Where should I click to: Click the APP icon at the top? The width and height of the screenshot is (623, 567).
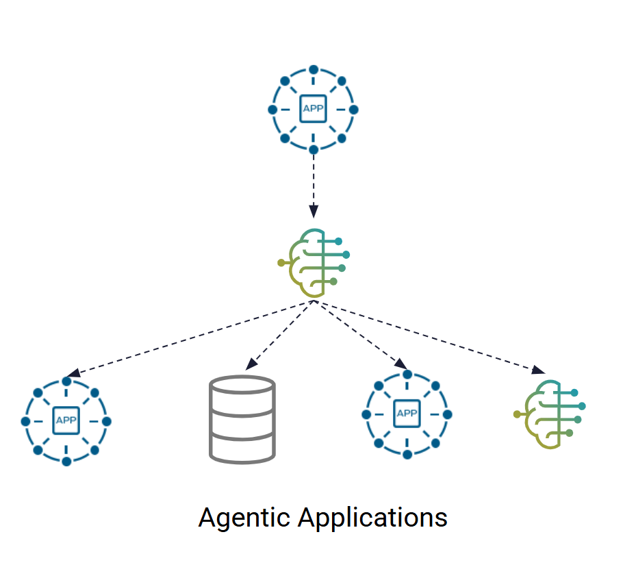[x=313, y=110]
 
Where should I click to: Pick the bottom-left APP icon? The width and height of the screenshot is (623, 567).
[x=66, y=420]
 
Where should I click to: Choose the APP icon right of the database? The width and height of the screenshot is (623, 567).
[x=407, y=414]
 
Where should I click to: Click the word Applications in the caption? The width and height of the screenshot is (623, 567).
[x=372, y=518]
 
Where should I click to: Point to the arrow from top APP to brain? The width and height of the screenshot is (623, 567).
[x=313, y=185]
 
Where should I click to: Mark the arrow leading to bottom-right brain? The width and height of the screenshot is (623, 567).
[x=431, y=336]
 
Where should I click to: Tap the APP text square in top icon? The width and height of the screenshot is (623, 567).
[x=313, y=110]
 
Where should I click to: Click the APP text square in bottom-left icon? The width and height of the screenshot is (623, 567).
[x=66, y=420]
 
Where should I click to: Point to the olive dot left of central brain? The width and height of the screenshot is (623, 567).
[x=281, y=262]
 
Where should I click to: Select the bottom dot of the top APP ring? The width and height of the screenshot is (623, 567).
[x=313, y=149]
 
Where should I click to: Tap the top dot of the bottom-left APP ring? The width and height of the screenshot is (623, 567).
[x=66, y=381]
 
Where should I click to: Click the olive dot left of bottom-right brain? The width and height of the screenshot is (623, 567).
[x=516, y=414]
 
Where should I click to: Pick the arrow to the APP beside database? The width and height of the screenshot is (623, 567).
[x=359, y=336]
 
